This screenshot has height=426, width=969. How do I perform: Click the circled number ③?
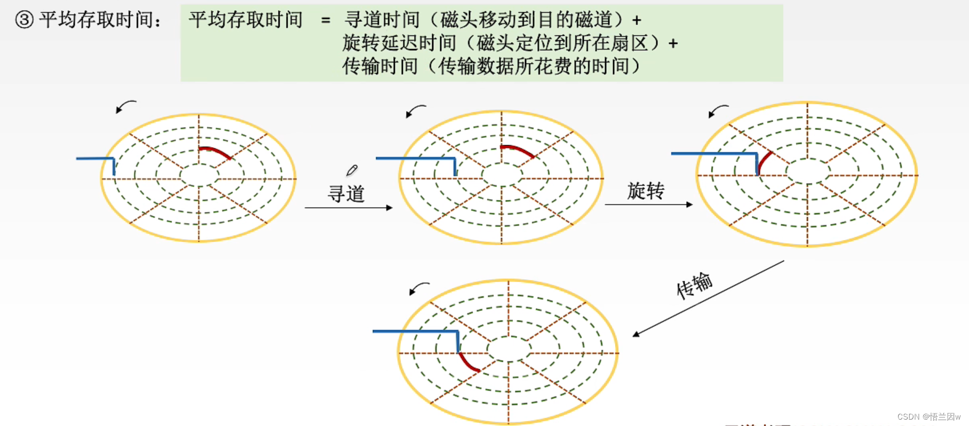[25, 20]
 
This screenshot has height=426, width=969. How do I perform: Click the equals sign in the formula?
[325, 21]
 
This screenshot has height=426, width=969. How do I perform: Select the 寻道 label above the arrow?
[346, 194]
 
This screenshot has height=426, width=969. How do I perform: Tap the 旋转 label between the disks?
[646, 191]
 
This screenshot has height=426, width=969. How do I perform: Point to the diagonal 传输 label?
[694, 285]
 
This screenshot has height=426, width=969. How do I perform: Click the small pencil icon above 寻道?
[352, 170]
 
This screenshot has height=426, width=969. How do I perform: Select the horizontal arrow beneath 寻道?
[348, 208]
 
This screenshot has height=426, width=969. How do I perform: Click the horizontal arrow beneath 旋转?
[648, 204]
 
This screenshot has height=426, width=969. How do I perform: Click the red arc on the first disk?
[216, 151]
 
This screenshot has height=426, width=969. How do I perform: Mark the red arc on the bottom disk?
[468, 362]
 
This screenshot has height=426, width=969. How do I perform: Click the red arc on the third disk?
[764, 162]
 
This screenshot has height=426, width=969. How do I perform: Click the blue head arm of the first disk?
[96, 159]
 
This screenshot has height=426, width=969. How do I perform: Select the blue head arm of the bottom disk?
[416, 332]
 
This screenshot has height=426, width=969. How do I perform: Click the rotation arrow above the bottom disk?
[419, 288]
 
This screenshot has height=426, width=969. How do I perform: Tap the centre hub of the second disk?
[502, 175]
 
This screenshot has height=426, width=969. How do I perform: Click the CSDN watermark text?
[928, 417]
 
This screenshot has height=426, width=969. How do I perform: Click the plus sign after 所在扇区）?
[673, 44]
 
